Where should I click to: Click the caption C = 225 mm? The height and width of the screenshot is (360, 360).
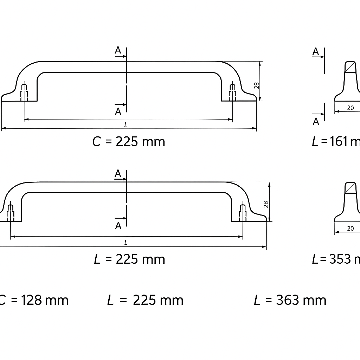pos(129,142)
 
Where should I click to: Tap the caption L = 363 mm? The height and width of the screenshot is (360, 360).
pos(290,300)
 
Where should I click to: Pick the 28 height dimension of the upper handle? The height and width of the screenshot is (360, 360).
pos(257,85)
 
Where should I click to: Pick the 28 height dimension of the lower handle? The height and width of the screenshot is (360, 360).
pos(266,205)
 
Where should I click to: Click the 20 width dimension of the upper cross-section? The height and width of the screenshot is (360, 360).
pos(350,108)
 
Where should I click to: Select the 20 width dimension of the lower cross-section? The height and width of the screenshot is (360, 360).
pos(350,229)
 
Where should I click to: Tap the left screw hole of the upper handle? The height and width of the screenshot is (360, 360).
pos(24,92)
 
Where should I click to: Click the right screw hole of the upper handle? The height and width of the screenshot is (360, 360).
pos(232,92)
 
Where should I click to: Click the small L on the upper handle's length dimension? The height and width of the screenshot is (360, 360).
pos(126,125)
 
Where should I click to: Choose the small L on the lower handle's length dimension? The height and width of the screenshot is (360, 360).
pos(126,242)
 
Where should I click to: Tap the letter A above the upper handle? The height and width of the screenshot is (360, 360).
pos(118,51)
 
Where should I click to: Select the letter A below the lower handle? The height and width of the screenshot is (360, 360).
pos(118,226)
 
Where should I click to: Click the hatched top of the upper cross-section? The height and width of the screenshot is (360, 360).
pos(350,66)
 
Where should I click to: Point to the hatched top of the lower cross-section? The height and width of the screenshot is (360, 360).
pos(350,187)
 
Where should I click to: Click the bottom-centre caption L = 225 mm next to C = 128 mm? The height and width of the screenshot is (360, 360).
pos(145,300)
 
